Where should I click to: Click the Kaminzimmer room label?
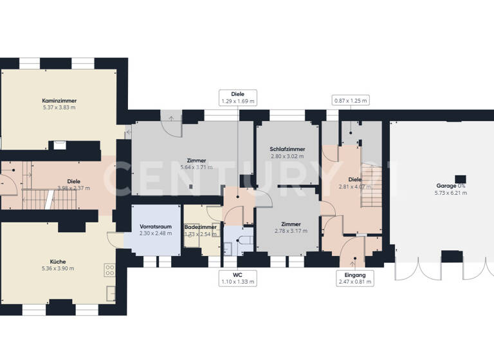[59, 101]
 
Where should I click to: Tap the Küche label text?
[59, 262]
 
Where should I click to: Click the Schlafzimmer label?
[287, 149]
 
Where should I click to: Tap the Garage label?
[450, 186]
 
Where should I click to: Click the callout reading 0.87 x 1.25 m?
[351, 100]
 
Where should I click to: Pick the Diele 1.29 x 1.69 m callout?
[237, 97]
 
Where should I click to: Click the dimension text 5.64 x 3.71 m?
[192, 166]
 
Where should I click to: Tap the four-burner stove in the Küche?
[109, 270]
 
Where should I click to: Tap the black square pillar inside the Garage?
[460, 178]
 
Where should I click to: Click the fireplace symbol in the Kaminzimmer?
[59, 145]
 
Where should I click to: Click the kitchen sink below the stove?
[111, 289]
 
